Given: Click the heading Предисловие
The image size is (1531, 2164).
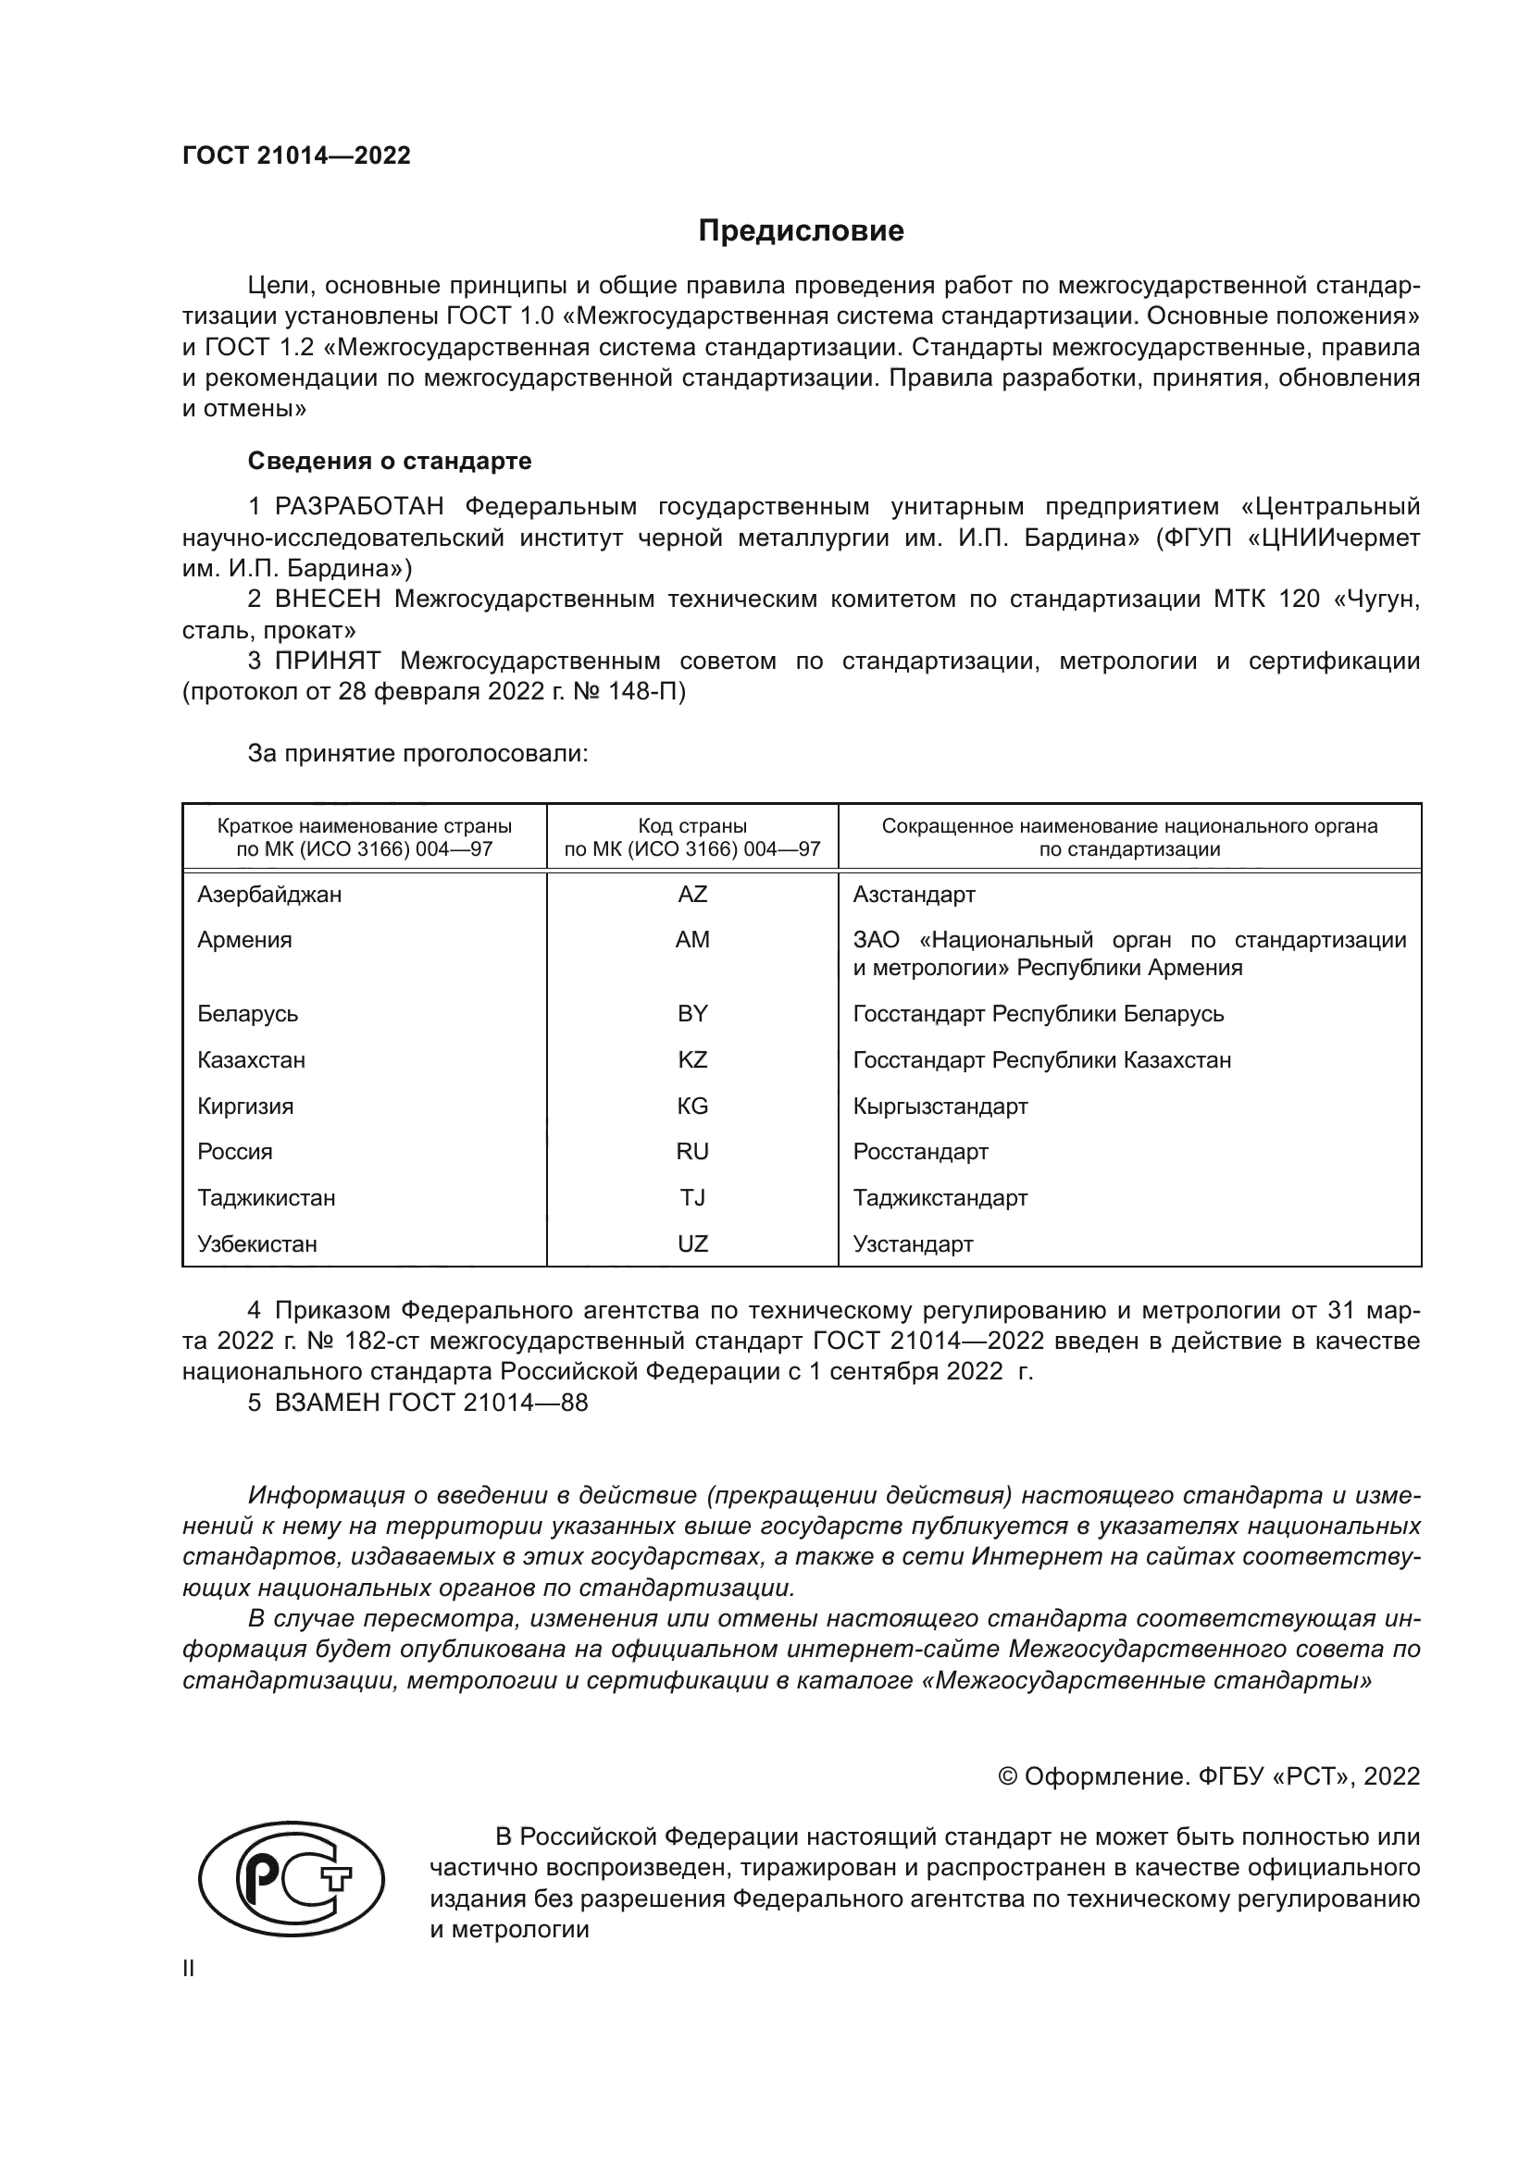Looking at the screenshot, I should coord(801,231).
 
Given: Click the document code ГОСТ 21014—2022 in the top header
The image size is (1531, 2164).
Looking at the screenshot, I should coord(297,155).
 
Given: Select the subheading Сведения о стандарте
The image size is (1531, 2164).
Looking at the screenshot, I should coord(390,461).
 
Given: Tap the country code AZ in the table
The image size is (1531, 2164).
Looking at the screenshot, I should coord(692,894).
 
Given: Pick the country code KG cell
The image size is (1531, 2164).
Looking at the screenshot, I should coord(692,1106).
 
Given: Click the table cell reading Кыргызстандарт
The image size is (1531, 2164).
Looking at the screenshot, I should coord(940,1106).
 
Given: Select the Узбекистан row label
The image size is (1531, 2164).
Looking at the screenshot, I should coord(256,1243).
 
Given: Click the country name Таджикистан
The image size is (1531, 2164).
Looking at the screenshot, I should coord(266,1197).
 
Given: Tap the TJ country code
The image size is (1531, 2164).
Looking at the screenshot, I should coord(692,1197).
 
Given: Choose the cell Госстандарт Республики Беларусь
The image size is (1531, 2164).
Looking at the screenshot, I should coord(1038,1013).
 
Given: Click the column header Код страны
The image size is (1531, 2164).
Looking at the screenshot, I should coord(692,826).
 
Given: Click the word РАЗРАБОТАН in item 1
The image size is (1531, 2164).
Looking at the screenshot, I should coord(359,506).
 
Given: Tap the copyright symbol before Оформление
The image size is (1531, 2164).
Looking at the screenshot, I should coord(1007,1776).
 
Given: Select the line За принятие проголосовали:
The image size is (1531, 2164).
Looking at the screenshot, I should coord(417,753).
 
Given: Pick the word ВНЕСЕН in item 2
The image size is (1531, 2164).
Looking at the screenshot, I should coord(328,599).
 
